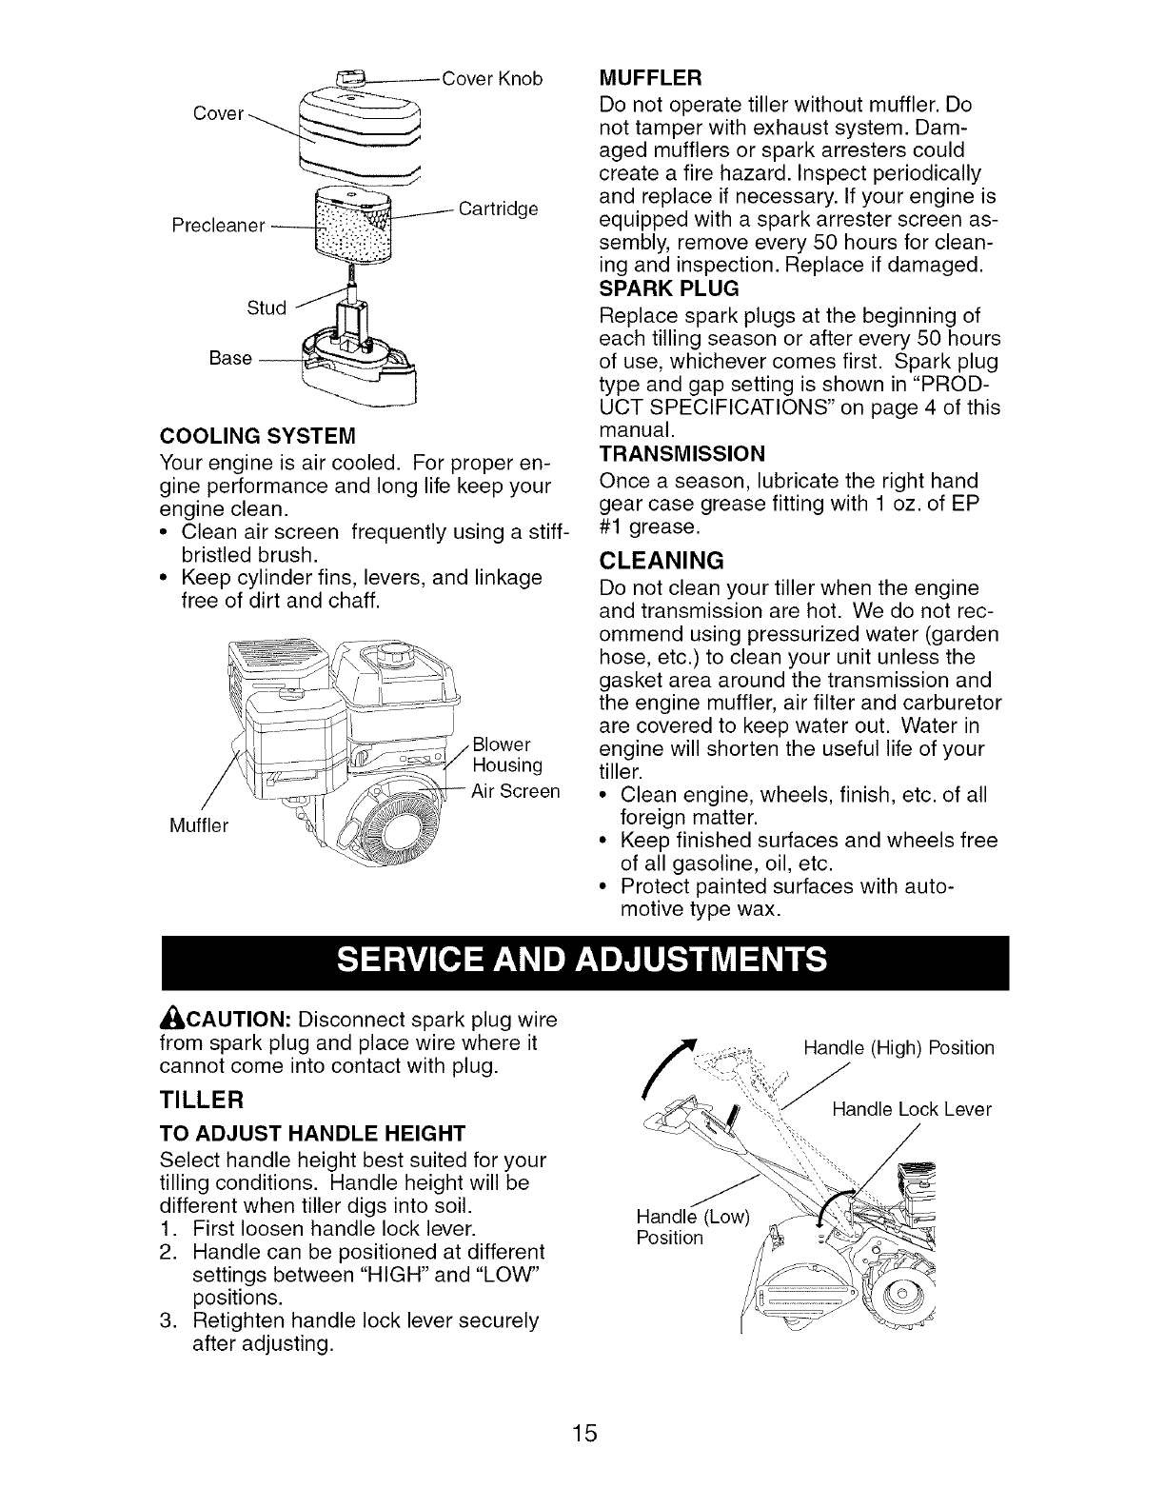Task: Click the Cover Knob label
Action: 492,79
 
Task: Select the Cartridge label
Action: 499,208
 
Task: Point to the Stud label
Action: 267,308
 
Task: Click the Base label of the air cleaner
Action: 230,358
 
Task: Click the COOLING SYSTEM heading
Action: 258,437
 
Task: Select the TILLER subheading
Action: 202,1100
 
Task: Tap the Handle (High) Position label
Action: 898,1048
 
